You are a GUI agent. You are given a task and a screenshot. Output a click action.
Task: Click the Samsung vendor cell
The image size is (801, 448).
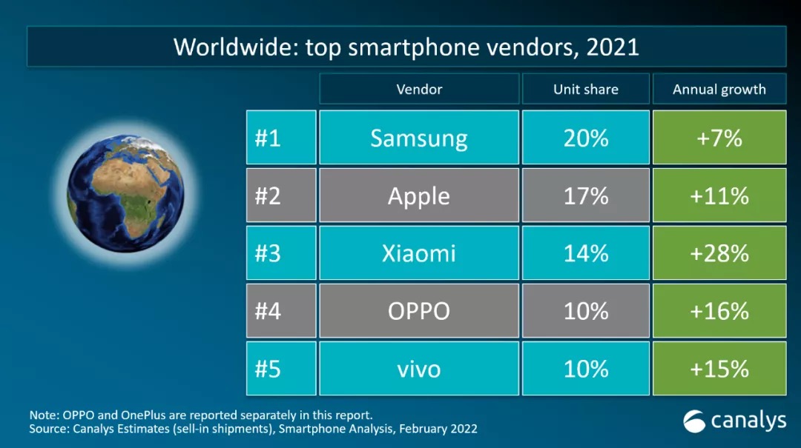click(x=419, y=138)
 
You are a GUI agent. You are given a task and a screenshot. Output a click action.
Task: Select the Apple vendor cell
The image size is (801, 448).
click(x=419, y=195)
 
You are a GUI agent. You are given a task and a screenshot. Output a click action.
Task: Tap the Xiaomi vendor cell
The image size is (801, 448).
click(x=419, y=253)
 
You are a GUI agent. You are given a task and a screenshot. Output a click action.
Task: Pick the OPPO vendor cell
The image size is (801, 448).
click(x=419, y=311)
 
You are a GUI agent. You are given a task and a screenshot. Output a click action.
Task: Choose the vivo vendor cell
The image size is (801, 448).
click(x=419, y=369)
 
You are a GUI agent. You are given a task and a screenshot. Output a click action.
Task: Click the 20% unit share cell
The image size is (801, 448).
click(x=586, y=138)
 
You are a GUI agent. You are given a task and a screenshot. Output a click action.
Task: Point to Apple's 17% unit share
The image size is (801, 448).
click(x=586, y=195)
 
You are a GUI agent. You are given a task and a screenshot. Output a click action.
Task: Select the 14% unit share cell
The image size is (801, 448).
click(x=586, y=253)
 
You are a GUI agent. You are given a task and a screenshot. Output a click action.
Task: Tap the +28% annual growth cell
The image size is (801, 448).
click(x=719, y=253)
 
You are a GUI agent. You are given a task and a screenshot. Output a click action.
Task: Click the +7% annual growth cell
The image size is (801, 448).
click(x=719, y=138)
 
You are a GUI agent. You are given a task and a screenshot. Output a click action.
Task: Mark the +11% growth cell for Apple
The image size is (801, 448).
click(x=719, y=195)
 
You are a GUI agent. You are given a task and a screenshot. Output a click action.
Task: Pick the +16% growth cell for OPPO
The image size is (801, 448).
click(x=719, y=311)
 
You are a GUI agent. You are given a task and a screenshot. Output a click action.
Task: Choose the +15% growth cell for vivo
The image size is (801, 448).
click(x=719, y=369)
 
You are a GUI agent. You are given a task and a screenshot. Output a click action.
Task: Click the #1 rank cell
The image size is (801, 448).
click(x=281, y=138)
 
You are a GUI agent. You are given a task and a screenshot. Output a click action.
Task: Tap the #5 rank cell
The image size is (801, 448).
click(x=281, y=369)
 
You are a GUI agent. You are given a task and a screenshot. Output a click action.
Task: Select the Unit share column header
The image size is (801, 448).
click(x=586, y=90)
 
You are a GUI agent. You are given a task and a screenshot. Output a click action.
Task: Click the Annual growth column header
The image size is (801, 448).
click(x=719, y=90)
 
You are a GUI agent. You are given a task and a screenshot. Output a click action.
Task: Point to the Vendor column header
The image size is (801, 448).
click(x=419, y=90)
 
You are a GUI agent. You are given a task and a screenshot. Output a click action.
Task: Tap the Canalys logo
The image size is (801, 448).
click(x=734, y=421)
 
